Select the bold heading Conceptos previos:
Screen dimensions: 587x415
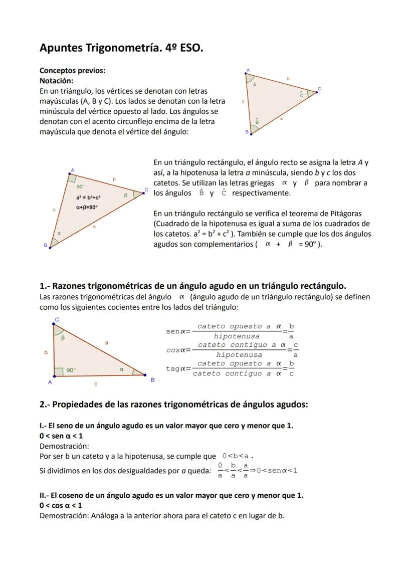[72, 71]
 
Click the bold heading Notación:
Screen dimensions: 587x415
[56, 81]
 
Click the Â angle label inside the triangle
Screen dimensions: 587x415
[255, 85]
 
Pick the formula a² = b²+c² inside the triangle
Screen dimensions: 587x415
[88, 198]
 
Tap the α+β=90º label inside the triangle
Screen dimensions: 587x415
[87, 207]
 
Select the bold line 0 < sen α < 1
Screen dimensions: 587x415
[61, 436]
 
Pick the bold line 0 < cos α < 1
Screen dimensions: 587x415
[61, 505]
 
